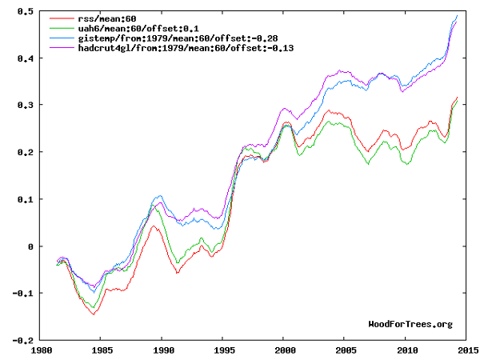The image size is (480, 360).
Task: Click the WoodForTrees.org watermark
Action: point(410,324)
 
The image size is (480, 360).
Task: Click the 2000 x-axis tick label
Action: point(284,350)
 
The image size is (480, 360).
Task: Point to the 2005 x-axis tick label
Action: point(345,350)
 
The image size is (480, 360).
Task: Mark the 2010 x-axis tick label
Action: point(406,350)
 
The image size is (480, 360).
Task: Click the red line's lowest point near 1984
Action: point(94,314)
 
